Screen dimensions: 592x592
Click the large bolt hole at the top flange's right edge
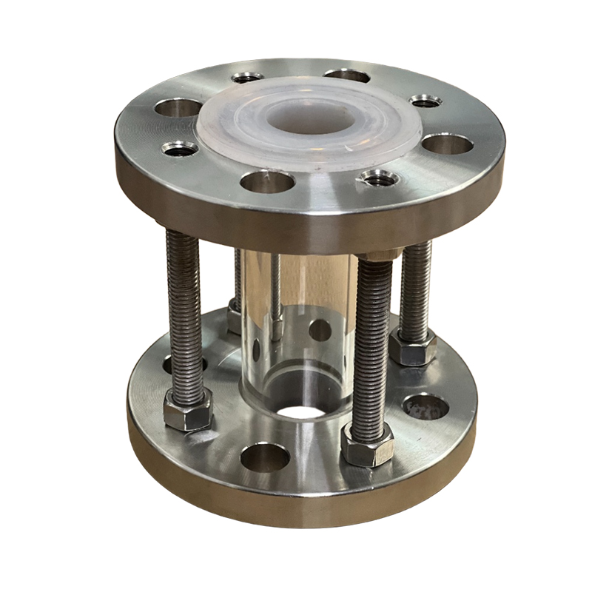click(x=449, y=142)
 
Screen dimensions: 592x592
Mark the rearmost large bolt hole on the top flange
click(x=346, y=75)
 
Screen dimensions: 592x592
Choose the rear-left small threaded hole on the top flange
click(x=248, y=77)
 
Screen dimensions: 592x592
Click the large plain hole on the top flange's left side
click(x=175, y=108)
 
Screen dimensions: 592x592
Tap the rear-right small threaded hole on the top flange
click(x=426, y=101)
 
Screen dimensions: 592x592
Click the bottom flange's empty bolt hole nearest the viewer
click(x=264, y=457)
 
